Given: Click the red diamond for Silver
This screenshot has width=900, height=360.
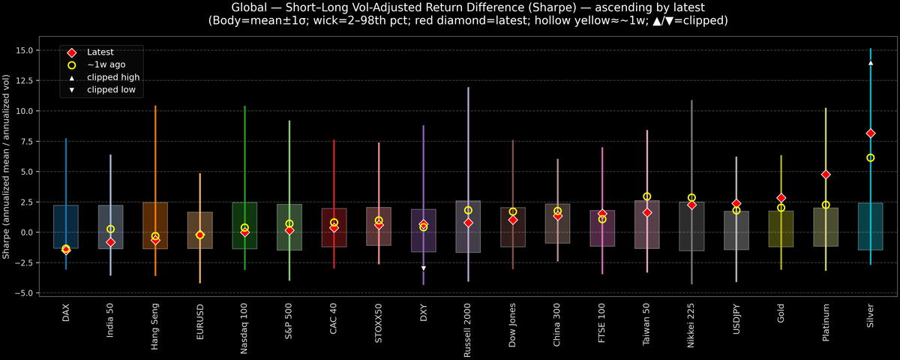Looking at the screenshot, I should [x=870, y=133].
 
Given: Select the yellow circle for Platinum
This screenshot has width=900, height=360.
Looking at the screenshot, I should [x=826, y=205].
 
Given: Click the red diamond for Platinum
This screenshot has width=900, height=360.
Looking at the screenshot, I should [x=826, y=175].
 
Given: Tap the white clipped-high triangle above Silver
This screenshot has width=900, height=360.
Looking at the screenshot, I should [x=870, y=63].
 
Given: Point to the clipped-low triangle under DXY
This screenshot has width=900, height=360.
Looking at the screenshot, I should [x=424, y=268].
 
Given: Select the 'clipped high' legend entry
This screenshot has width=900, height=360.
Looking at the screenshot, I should [x=112, y=77].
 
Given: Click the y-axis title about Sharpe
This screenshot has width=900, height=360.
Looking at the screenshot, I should [x=7, y=166].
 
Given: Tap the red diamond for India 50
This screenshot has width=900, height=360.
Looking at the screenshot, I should [x=110, y=242].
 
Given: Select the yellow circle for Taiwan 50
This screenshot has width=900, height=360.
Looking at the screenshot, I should [x=646, y=196].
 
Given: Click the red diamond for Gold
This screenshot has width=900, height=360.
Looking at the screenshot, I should [x=781, y=198].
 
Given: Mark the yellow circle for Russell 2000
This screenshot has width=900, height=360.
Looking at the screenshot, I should [x=468, y=211].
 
